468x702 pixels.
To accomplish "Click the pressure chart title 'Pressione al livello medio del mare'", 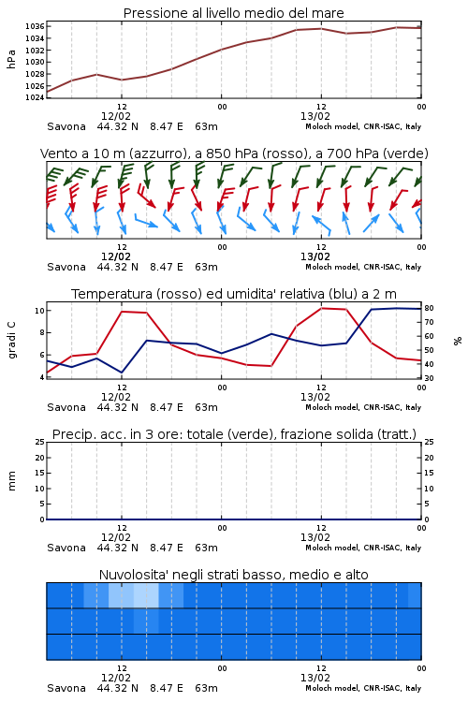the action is pyautogui.click(x=233, y=13).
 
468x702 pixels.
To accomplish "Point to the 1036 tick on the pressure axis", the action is pyautogui.click(x=35, y=26).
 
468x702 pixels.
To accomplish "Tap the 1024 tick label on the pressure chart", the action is pyautogui.click(x=35, y=97).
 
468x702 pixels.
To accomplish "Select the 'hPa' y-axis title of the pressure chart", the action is pyautogui.click(x=11, y=59).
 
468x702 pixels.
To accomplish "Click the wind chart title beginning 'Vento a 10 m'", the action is pyautogui.click(x=234, y=154).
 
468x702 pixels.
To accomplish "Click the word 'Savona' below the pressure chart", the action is pyautogui.click(x=66, y=126).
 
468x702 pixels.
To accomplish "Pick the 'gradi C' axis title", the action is pyautogui.click(x=11, y=341).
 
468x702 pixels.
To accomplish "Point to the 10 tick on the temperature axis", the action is pyautogui.click(x=39, y=311).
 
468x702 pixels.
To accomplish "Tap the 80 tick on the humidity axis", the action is pyautogui.click(x=429, y=308).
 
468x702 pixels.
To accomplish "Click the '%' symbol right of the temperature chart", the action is pyautogui.click(x=458, y=341).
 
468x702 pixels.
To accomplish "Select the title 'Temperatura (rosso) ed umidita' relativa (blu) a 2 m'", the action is pyautogui.click(x=234, y=294).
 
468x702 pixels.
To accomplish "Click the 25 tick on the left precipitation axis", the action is pyautogui.click(x=39, y=442).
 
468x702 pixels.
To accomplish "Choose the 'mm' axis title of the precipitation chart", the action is pyautogui.click(x=11, y=481).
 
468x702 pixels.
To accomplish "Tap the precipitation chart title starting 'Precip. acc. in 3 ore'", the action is pyautogui.click(x=234, y=434).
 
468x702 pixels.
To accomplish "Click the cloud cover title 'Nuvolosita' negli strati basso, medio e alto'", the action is pyautogui.click(x=233, y=575).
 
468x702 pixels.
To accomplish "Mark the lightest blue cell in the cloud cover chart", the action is pyautogui.click(x=146, y=595).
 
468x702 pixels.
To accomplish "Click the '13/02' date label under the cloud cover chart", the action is pyautogui.click(x=315, y=678).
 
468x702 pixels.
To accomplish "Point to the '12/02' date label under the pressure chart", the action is pyautogui.click(x=116, y=116).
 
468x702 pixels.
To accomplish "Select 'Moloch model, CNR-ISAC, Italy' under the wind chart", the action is pyautogui.click(x=363, y=268).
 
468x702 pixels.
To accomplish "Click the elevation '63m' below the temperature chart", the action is pyautogui.click(x=207, y=407).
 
